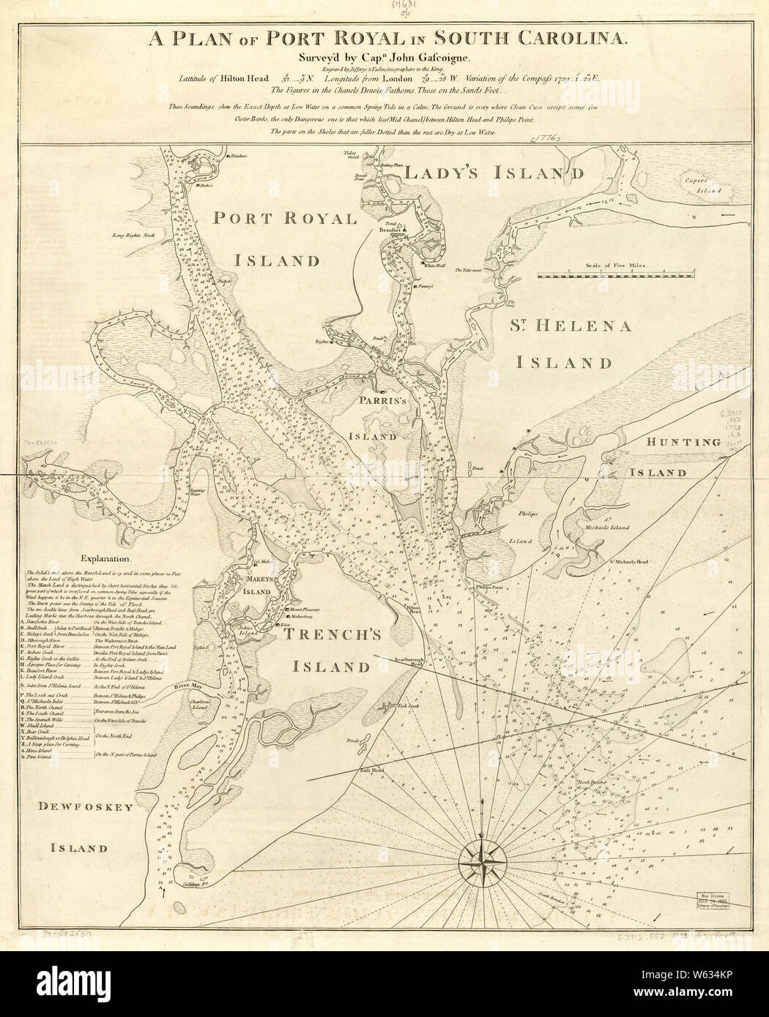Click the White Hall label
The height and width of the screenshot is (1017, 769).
coord(425,266)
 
